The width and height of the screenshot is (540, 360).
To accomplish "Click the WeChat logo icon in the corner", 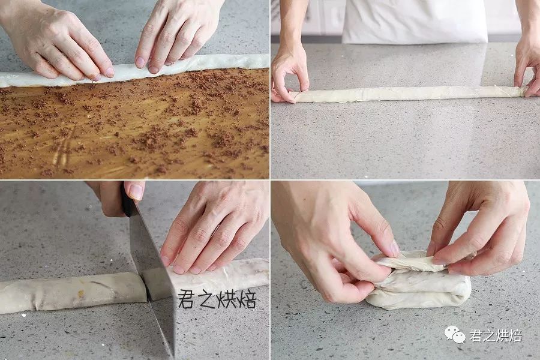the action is (x=455, y=335).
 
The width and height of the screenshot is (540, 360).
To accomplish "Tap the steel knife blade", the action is (x=152, y=275).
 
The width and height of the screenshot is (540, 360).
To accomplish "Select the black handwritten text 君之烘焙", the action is (x=217, y=299).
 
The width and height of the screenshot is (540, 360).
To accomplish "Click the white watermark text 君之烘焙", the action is (x=496, y=335).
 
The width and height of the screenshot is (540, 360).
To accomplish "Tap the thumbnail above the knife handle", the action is (x=136, y=191).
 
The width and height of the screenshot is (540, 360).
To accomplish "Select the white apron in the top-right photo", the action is (x=414, y=20).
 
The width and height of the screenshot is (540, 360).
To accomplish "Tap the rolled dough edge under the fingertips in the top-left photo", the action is (x=134, y=71).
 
